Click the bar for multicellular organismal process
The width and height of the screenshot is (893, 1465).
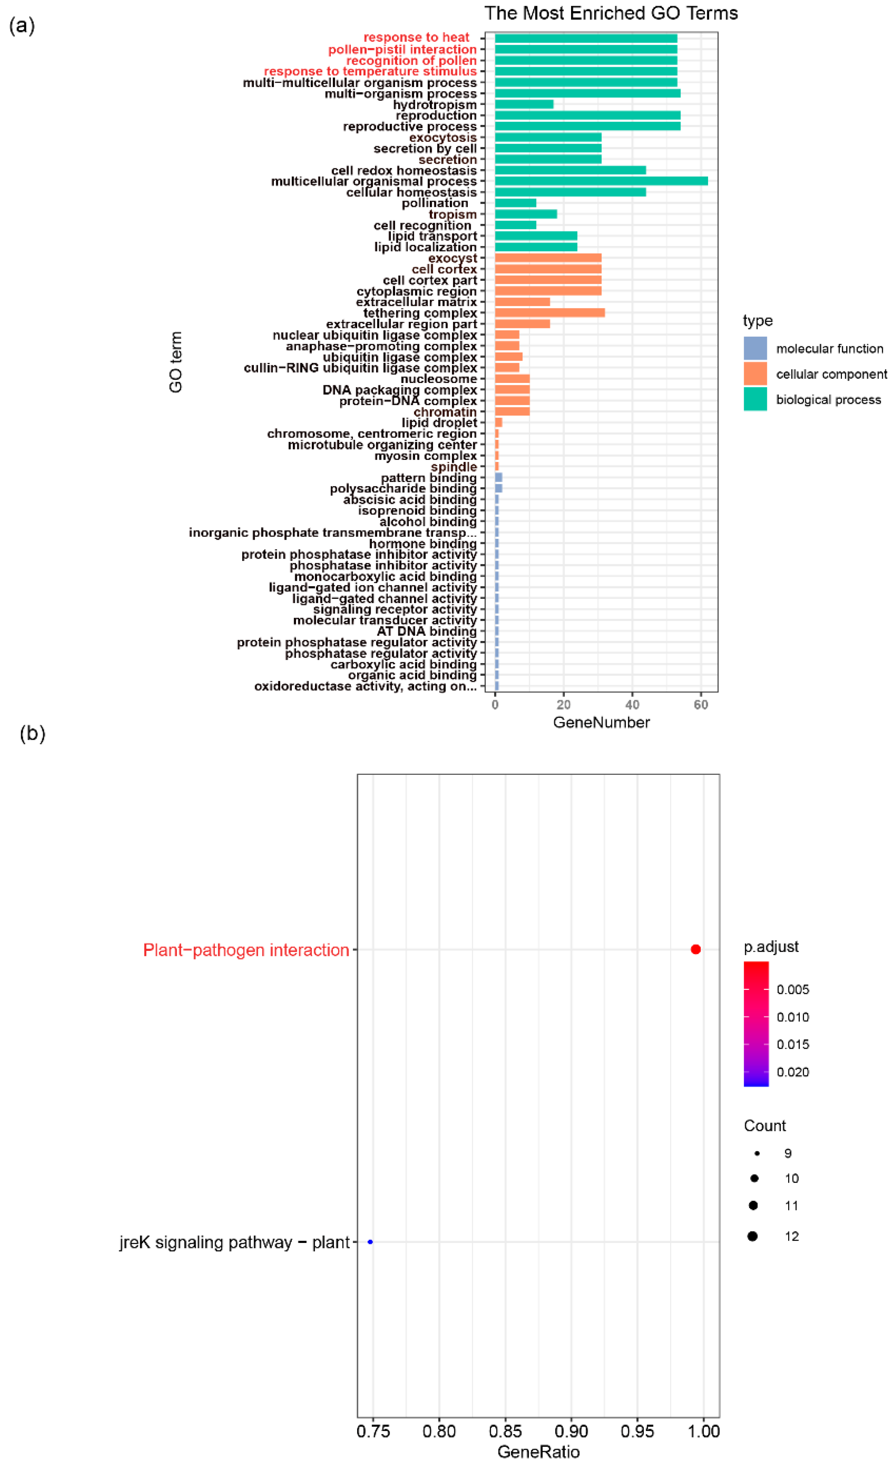click(600, 181)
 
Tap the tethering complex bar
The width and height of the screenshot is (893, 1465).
click(549, 313)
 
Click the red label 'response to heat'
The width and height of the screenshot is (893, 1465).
click(416, 38)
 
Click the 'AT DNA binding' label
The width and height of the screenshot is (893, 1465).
click(426, 631)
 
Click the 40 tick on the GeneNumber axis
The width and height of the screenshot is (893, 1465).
click(632, 705)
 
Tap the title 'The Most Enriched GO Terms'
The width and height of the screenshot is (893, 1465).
click(611, 13)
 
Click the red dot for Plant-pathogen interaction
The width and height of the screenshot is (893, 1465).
click(695, 949)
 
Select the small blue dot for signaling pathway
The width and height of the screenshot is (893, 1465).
click(370, 1242)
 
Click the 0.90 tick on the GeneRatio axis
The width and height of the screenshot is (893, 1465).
click(571, 1431)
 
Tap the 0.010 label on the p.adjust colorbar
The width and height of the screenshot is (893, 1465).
click(792, 1017)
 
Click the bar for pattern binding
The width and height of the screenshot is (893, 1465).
click(498, 477)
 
